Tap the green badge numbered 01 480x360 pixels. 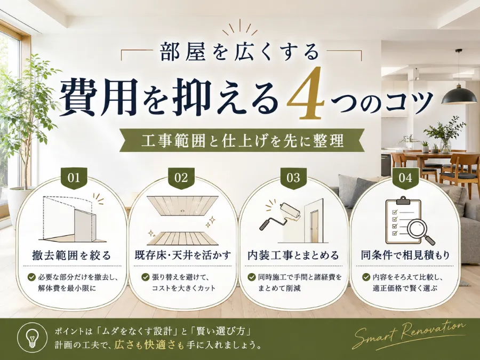tap(74, 178)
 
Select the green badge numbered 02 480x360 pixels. tap(181, 178)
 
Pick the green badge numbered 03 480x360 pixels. tap(293, 178)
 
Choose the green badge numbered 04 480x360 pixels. tap(405, 178)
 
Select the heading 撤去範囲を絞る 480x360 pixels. tap(71, 255)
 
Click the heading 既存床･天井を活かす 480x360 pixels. tap(183, 255)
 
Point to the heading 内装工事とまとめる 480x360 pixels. tap(293, 255)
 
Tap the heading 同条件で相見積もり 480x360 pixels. tap(405, 255)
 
